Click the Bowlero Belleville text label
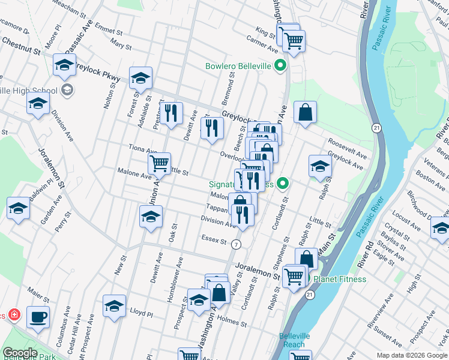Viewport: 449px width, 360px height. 238,66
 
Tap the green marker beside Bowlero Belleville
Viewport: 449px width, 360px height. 280,66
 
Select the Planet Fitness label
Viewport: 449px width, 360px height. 336,279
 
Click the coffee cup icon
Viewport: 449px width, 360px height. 38,317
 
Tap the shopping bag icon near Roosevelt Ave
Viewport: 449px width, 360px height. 305,112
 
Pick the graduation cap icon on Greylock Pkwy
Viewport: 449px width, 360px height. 140,78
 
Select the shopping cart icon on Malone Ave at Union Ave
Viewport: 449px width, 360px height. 160,163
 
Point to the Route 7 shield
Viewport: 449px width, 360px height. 237,244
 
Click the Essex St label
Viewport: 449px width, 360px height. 214,242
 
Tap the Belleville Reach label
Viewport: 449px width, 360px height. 295,340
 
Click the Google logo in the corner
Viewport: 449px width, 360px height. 20,353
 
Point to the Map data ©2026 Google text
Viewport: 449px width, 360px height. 412,355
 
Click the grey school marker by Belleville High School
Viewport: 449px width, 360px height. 67,91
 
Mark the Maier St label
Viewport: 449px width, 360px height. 38,295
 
